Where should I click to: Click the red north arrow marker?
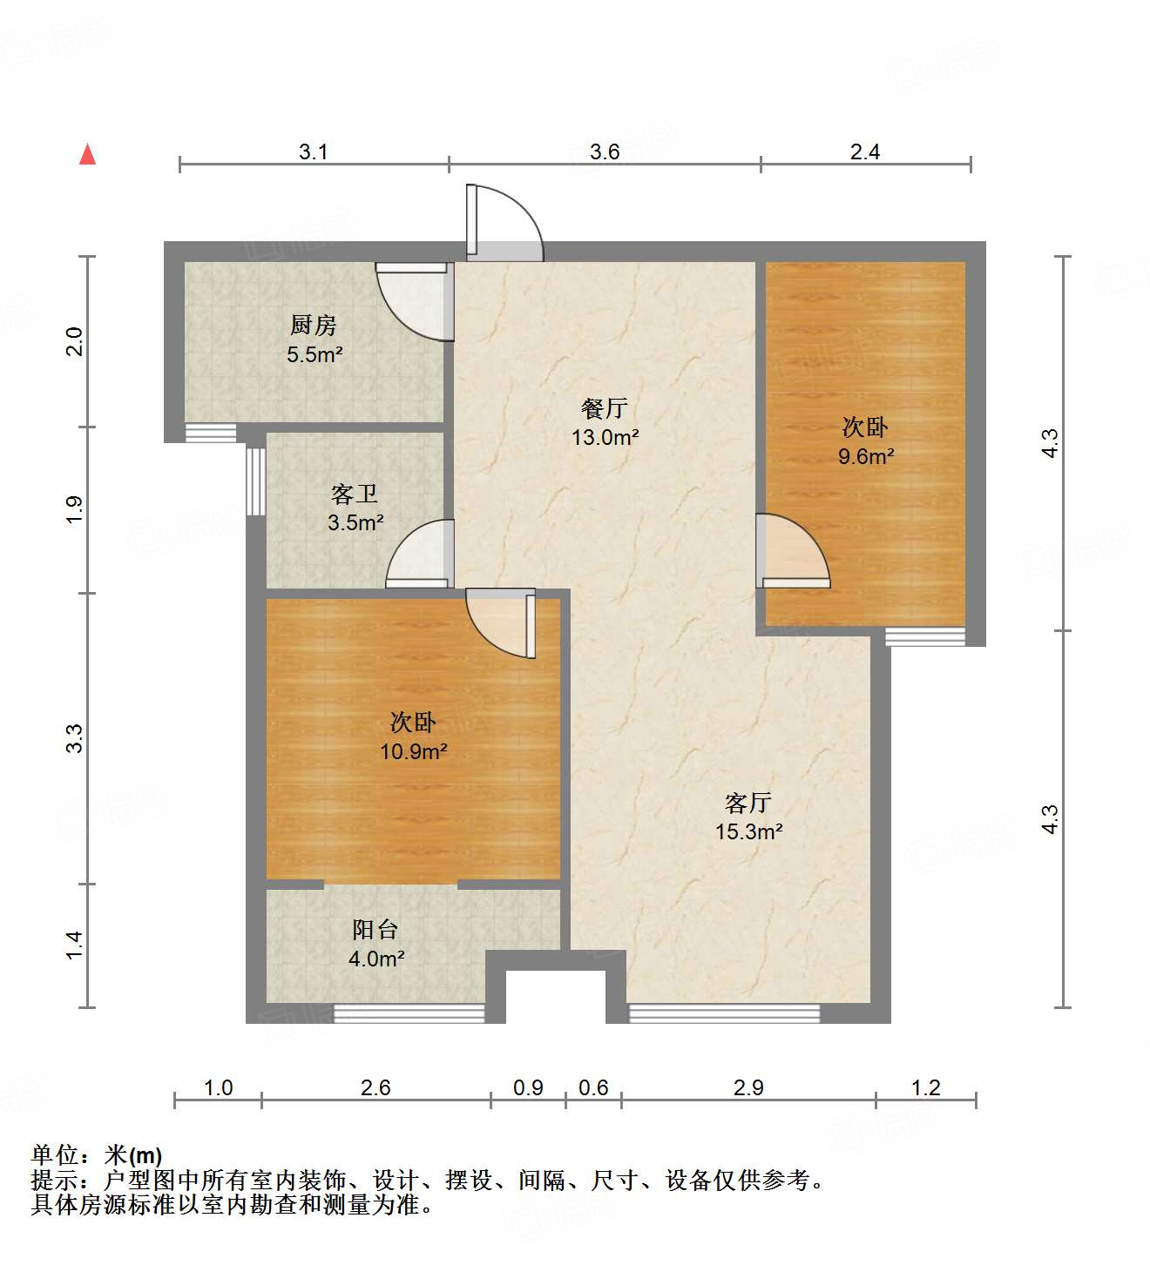click(x=87, y=154)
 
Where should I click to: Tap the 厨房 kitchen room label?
click(x=314, y=326)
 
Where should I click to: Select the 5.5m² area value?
click(x=315, y=354)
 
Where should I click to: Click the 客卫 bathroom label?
click(x=355, y=495)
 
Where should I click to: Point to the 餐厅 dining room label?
click(x=605, y=408)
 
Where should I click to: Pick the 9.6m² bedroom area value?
click(x=866, y=456)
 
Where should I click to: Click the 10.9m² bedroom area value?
click(x=414, y=751)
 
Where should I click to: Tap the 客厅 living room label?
click(x=748, y=803)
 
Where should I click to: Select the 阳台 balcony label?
click(x=375, y=930)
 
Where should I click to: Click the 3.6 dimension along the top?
click(x=605, y=152)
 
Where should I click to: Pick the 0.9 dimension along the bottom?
click(x=528, y=1088)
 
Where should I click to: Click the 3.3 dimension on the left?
click(x=75, y=738)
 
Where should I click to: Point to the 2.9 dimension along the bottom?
click(x=748, y=1088)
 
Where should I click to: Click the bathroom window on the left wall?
click(x=255, y=481)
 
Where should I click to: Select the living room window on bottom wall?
click(x=724, y=1013)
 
